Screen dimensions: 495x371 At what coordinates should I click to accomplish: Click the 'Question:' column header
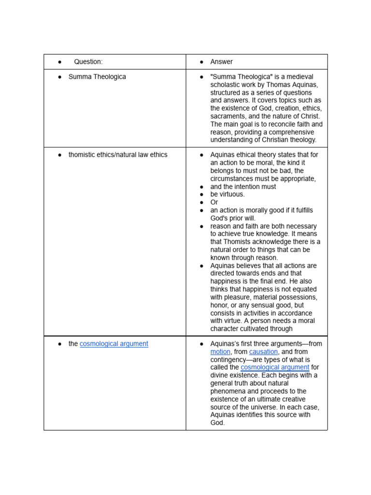[x=88, y=62]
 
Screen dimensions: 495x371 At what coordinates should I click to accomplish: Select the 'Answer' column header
[x=221, y=62]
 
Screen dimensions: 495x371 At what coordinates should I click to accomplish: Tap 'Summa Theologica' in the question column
[x=97, y=77]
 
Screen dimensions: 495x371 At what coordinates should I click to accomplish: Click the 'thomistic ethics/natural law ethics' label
[x=118, y=155]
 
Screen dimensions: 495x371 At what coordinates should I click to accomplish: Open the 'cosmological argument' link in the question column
[x=114, y=344]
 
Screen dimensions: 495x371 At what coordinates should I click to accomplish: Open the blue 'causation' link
[x=263, y=352]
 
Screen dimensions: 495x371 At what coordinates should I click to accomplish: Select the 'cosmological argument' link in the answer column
[x=275, y=367]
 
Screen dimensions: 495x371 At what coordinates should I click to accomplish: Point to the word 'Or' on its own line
[x=214, y=202]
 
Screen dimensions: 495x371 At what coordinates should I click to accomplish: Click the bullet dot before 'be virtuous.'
[x=202, y=194]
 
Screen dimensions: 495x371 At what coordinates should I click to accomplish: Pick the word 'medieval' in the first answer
[x=300, y=77]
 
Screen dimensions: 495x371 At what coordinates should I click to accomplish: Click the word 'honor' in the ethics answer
[x=220, y=306]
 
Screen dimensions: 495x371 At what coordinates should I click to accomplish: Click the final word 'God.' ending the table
[x=218, y=422]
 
